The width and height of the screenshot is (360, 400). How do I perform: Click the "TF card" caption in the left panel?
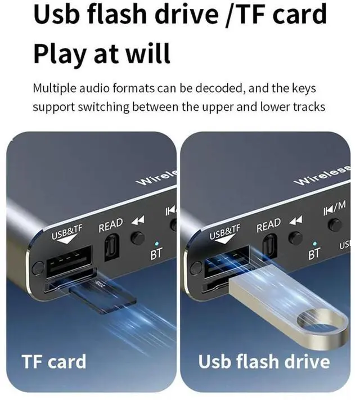53,361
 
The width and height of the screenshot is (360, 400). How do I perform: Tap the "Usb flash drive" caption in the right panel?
264,361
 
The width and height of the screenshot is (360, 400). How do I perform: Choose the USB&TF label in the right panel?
224,231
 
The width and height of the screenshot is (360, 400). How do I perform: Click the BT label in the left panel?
156,254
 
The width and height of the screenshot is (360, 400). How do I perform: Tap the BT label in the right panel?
314,254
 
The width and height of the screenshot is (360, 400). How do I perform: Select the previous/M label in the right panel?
334,209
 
